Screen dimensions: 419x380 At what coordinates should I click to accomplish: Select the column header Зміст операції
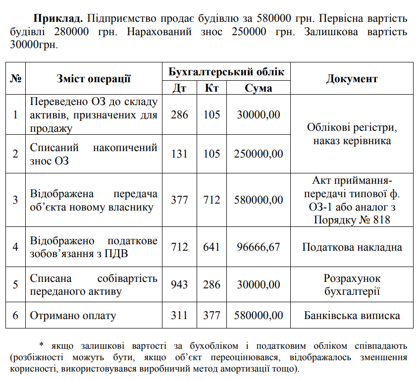tap(94, 79)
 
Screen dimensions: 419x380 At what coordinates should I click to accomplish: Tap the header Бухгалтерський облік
tap(226, 71)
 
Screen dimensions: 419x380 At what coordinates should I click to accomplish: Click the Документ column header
tap(352, 79)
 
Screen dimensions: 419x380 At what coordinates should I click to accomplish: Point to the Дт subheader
tap(179, 88)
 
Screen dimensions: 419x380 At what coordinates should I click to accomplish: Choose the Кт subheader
tap(211, 88)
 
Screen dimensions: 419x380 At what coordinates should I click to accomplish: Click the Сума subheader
tap(258, 88)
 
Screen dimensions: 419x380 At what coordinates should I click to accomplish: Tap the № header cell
tap(15, 79)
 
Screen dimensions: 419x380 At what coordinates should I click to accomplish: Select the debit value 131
tap(179, 154)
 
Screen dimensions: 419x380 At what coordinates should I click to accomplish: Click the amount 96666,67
tap(258, 247)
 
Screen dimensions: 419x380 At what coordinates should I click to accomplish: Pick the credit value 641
tap(211, 247)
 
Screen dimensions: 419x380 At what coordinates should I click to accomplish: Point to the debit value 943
tap(179, 285)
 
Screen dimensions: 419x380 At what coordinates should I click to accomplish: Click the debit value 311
tap(179, 316)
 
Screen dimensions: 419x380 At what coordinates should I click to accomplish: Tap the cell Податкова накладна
tap(352, 247)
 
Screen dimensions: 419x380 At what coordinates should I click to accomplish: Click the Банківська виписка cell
tap(352, 316)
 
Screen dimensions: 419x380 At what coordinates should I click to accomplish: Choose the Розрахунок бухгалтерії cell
tap(352, 285)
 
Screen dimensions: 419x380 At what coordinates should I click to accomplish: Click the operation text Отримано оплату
tap(73, 316)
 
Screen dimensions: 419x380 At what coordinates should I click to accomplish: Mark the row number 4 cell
tap(15, 247)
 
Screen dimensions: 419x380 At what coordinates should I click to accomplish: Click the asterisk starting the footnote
tap(42, 345)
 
